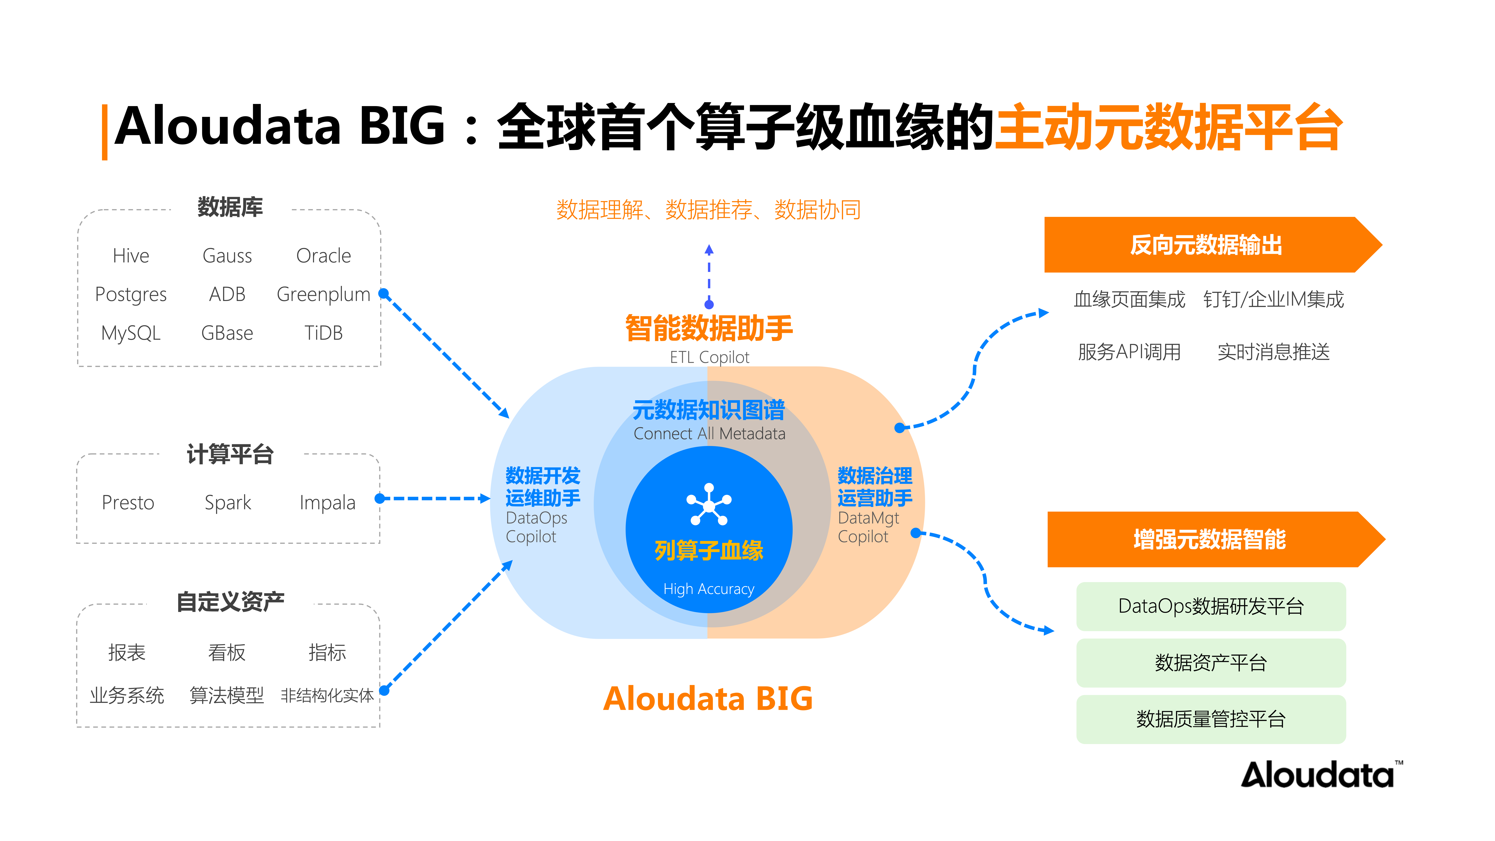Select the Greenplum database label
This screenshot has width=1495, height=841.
pyautogui.click(x=323, y=294)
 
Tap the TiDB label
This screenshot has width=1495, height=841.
pyautogui.click(x=323, y=333)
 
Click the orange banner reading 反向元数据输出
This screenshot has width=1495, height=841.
pyautogui.click(x=1206, y=245)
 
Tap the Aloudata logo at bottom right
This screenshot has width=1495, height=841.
pyautogui.click(x=1320, y=775)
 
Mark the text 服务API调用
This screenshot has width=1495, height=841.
pyautogui.click(x=1129, y=352)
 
